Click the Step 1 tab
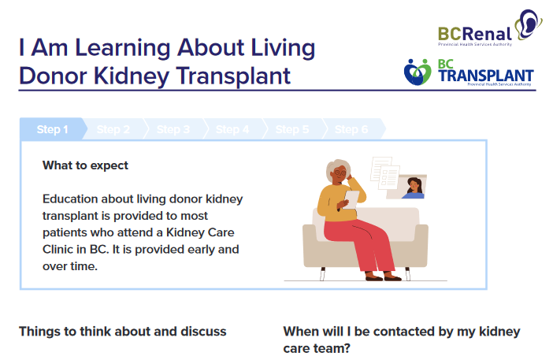coord(53,129)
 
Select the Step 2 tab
coord(113,129)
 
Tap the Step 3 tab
coord(173,129)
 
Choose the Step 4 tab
coord(232,129)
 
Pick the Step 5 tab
coord(292,129)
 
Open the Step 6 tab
coord(351,129)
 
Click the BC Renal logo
coord(490,28)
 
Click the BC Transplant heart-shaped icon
coord(418,72)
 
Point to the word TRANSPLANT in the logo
coord(486,76)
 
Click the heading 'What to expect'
coord(85,165)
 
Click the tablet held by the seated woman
coord(351,199)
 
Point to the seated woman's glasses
coord(340,173)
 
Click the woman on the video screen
coord(414,188)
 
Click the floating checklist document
coord(389,176)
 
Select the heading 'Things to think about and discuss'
coord(123,332)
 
